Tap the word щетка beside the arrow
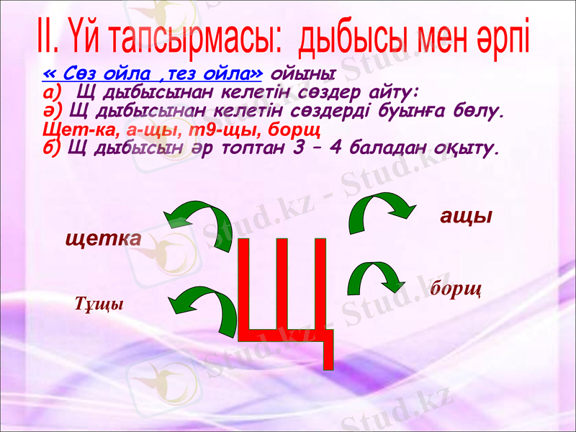[103, 239]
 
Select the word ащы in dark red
[466, 216]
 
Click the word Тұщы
[99, 305]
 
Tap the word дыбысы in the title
[355, 38]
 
